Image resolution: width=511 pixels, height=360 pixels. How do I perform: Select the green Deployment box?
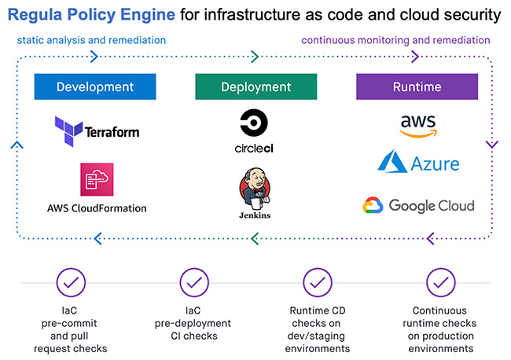coord(256,87)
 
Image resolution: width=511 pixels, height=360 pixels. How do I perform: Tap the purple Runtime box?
coord(417,87)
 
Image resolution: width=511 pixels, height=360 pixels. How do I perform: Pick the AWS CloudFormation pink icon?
coord(96,180)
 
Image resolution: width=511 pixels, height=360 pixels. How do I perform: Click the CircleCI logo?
coord(254,130)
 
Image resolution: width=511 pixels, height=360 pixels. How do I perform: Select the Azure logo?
coord(418,163)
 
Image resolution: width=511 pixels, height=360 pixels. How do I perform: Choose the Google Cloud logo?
coord(418,206)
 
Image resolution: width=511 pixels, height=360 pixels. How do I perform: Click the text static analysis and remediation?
coord(91,40)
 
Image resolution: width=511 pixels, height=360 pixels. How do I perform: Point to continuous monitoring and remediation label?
coord(395,40)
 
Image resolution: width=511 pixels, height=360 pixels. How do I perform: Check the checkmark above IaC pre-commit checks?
coord(71,282)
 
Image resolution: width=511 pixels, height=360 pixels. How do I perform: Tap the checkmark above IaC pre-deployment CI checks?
coord(193,282)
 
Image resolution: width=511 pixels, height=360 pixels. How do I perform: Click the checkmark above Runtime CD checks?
coord(317,282)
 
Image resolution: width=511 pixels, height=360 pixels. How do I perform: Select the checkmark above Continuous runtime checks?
coord(440,282)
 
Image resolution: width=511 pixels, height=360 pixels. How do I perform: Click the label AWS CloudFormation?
coord(96,208)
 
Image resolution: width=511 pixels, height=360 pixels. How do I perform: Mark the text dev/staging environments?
coord(318,342)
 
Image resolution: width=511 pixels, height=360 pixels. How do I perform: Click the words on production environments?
coord(440,342)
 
